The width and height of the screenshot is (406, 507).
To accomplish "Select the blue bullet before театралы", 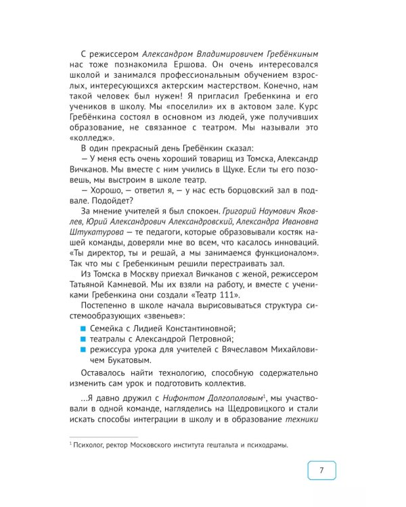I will pyautogui.click(x=84, y=339).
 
